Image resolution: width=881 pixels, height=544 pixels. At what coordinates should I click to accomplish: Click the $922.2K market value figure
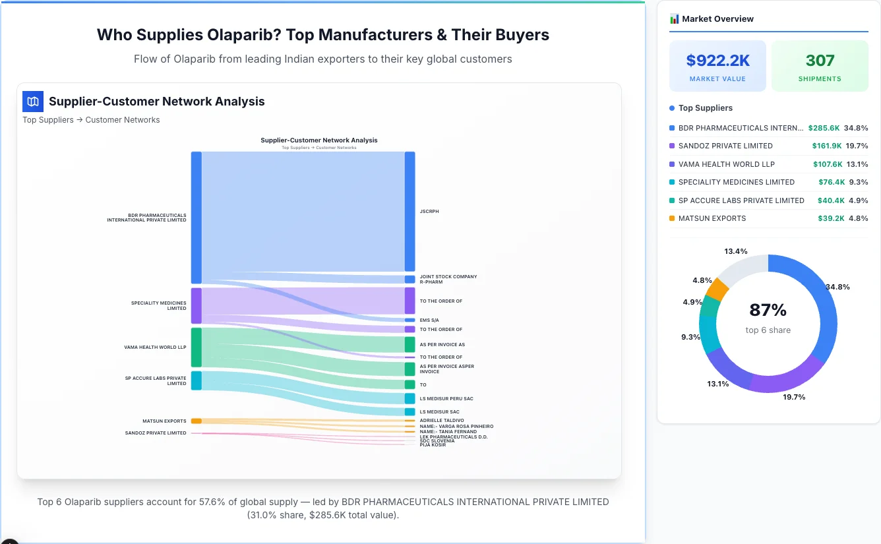coord(717,61)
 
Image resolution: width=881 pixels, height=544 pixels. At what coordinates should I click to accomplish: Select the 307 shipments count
coord(820,61)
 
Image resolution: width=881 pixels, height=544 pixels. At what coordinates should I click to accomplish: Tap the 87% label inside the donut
coord(768,310)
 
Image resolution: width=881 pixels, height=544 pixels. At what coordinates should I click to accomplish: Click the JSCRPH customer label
coord(429,212)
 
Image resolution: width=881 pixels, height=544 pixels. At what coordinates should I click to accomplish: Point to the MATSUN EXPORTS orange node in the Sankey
coord(196,421)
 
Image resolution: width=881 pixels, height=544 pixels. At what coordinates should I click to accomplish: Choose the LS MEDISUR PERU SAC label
coord(446,398)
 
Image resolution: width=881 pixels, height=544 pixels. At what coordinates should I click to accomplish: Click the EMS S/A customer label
coord(429,320)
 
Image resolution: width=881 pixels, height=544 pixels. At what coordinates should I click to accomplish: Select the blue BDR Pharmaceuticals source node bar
coord(196,218)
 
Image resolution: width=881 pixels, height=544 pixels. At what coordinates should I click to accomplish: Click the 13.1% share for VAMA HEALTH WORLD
coord(857,164)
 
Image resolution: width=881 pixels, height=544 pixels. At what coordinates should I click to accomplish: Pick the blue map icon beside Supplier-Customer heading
coord(32,102)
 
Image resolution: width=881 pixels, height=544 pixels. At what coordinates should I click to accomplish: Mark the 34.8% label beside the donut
coord(837,287)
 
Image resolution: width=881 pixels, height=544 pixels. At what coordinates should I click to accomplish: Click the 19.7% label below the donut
coord(794,397)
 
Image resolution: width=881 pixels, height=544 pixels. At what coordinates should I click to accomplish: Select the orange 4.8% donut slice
coord(717,289)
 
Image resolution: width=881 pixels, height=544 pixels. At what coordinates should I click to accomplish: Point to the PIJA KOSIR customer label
coord(433,445)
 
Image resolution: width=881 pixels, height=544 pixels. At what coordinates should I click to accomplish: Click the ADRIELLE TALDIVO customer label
coord(442,420)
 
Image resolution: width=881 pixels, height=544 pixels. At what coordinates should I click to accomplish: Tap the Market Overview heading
coord(717,18)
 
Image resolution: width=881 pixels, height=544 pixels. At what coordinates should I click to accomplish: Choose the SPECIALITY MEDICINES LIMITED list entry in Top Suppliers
coord(736,182)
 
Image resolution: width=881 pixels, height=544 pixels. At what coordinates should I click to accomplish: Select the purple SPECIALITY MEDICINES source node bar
coord(196,305)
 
